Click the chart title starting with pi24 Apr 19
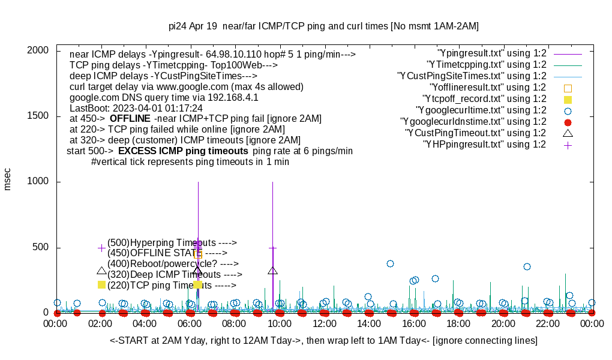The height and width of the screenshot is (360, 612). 323,26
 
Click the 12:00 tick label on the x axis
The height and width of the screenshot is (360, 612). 325,324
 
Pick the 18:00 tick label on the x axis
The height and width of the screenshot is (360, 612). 458,324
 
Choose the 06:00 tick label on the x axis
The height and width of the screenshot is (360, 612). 190,324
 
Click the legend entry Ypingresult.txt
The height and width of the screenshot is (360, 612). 492,53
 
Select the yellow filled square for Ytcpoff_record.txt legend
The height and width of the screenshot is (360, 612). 568,99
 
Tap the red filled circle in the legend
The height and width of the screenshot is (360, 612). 568,122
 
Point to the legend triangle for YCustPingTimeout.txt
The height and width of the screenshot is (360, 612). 568,133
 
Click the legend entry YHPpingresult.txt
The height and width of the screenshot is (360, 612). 485,145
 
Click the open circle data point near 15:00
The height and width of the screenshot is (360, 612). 390,263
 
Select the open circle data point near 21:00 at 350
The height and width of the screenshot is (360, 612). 527,266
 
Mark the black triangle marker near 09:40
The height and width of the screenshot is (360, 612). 273,271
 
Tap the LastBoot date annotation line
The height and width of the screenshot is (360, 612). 136,108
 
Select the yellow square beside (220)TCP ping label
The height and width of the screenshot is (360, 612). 101,284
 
